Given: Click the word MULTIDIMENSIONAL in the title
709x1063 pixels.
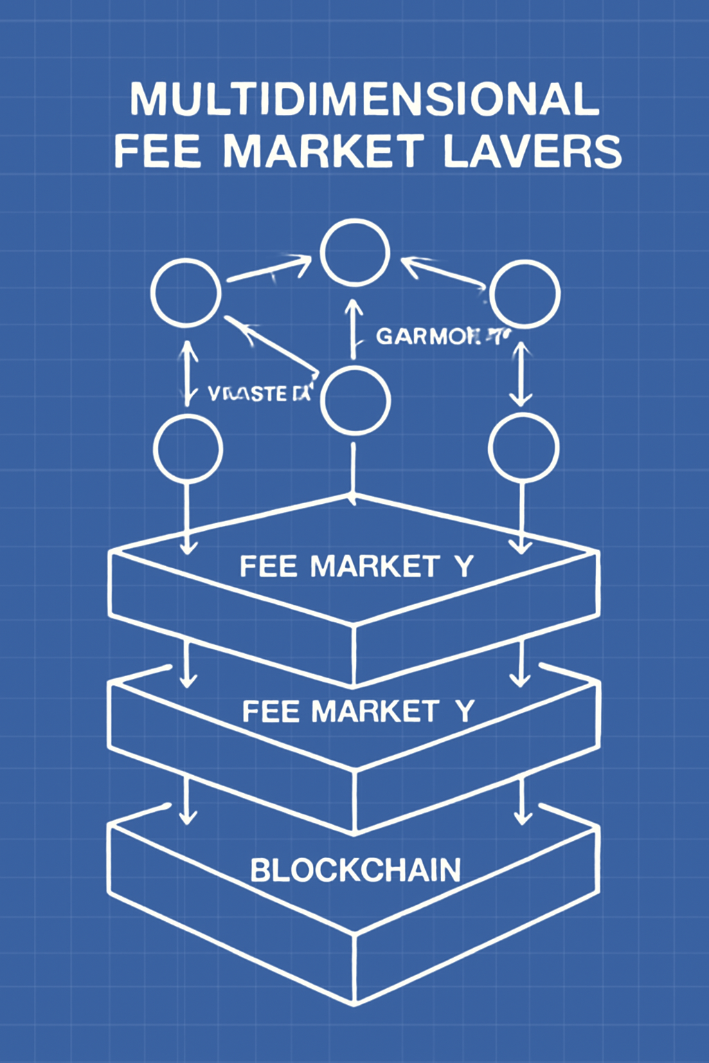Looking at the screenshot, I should point(364,100).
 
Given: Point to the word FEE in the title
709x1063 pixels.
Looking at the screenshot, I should point(158,152).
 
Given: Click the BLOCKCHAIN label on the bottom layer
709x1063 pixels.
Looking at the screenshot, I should point(355,871).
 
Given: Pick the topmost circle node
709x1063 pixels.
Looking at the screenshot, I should point(354,253).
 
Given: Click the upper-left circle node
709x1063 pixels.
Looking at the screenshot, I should point(186,293).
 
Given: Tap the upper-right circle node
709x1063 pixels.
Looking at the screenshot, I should point(525,294).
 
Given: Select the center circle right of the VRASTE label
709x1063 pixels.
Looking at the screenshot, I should point(355,401).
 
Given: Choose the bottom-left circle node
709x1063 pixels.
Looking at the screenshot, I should point(188,448).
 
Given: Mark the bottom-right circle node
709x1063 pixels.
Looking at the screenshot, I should point(523,448).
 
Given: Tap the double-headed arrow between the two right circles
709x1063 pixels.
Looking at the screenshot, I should point(521,374).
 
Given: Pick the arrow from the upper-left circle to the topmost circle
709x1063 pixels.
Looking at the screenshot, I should point(269,269).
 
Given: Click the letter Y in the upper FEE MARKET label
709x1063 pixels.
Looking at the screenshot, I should point(465,567).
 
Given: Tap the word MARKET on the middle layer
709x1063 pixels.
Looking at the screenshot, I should point(375,711).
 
